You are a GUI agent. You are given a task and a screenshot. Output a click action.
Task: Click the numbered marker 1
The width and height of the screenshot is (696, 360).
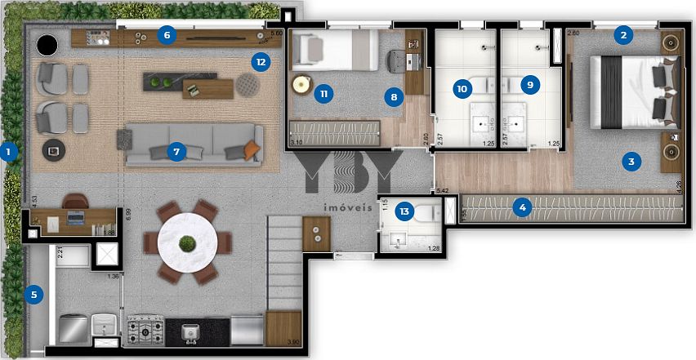click(x=9, y=150)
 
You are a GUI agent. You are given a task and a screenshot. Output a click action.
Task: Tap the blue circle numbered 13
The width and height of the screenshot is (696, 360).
click(x=403, y=210)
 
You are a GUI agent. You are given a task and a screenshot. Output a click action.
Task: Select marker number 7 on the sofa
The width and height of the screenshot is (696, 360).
click(x=173, y=150)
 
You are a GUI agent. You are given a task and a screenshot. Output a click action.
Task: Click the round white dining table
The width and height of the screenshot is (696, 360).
click(x=189, y=243)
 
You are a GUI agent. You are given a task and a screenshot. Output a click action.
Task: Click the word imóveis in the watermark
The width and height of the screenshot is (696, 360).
click(x=348, y=207)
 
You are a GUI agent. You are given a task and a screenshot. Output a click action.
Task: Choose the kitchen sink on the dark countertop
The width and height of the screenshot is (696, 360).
click(x=190, y=330)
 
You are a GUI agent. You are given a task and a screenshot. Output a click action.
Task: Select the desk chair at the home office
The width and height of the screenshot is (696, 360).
click(x=75, y=200)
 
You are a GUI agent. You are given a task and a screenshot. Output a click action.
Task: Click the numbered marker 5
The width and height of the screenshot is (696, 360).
click(x=33, y=295)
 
